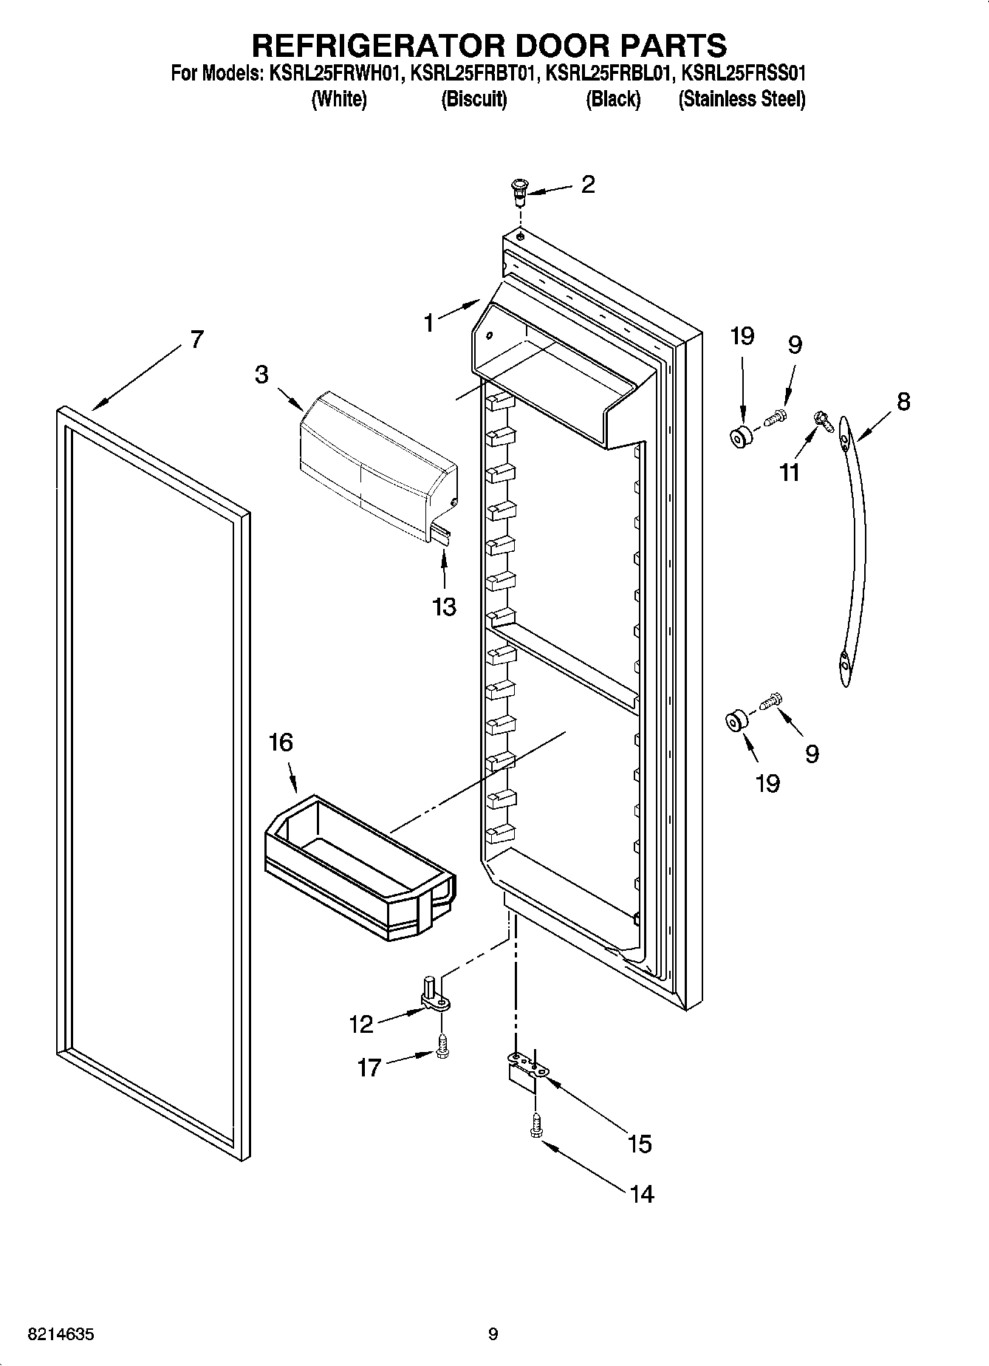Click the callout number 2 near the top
[x=587, y=184]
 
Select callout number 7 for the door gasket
[x=195, y=339]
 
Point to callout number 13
[x=444, y=607]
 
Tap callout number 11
[x=790, y=472]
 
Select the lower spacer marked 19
[x=736, y=721]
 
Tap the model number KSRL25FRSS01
[x=742, y=74]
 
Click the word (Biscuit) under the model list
[x=473, y=99]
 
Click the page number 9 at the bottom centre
[x=493, y=1334]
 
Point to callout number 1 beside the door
[x=429, y=323]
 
